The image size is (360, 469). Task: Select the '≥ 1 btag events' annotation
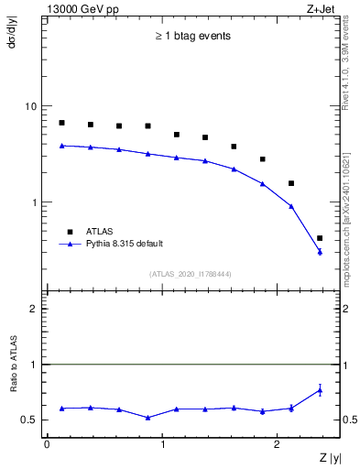(191, 37)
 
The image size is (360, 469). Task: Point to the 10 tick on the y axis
(31, 106)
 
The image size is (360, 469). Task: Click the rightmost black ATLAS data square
(320, 238)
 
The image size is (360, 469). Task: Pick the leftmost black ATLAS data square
(61, 123)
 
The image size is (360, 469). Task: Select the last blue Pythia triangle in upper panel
(320, 252)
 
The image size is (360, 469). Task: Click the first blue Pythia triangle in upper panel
(61, 145)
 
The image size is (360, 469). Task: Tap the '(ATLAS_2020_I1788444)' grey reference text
(191, 274)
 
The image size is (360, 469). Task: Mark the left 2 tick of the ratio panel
(35, 309)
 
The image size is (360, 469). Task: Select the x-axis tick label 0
(47, 443)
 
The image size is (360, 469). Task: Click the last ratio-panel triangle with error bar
(320, 390)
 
